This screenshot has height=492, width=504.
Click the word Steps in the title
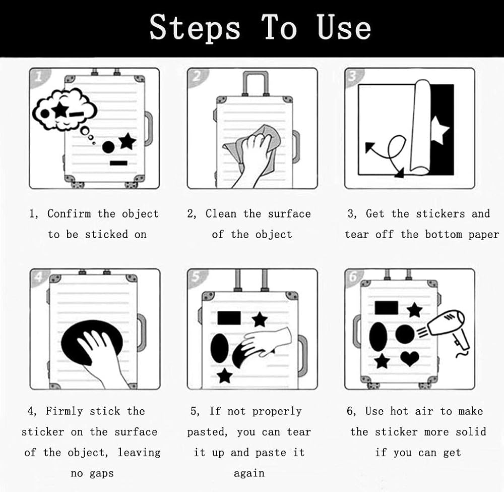pyautogui.click(x=195, y=28)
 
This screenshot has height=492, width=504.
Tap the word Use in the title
pyautogui.click(x=344, y=27)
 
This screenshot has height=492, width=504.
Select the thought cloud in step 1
pyautogui.click(x=65, y=109)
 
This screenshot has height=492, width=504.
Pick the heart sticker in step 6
pyautogui.click(x=410, y=358)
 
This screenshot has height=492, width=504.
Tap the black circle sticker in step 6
pyautogui.click(x=405, y=334)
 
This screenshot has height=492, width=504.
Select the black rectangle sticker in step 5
pyautogui.click(x=229, y=318)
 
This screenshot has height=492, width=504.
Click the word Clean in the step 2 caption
pyautogui.click(x=221, y=213)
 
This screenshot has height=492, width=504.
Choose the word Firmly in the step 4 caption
pyautogui.click(x=65, y=411)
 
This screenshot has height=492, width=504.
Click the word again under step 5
pyautogui.click(x=249, y=474)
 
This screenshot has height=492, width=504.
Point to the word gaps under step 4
pyautogui.click(x=102, y=474)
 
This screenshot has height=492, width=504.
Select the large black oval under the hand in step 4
pyautogui.click(x=92, y=342)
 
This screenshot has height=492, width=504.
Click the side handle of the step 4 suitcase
pyautogui.click(x=142, y=332)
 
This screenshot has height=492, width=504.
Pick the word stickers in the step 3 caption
pyautogui.click(x=440, y=213)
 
